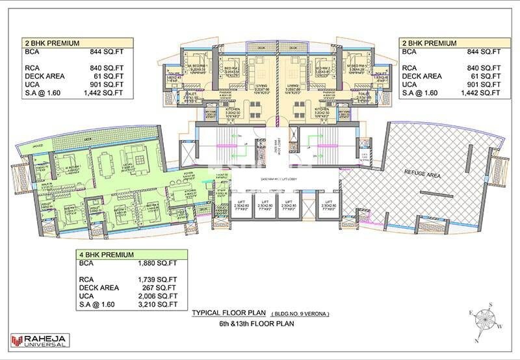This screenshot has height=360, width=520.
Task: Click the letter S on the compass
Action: tap(493, 305)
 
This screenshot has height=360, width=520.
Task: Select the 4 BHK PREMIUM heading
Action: tap(107, 255)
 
